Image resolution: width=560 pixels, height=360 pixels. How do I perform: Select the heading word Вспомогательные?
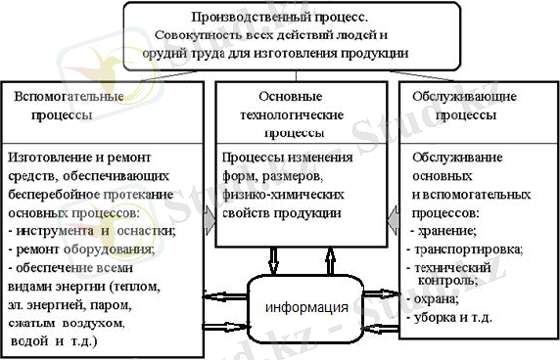pyautogui.click(x=57, y=98)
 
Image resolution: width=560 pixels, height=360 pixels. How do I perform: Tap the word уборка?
pyautogui.click(x=443, y=318)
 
